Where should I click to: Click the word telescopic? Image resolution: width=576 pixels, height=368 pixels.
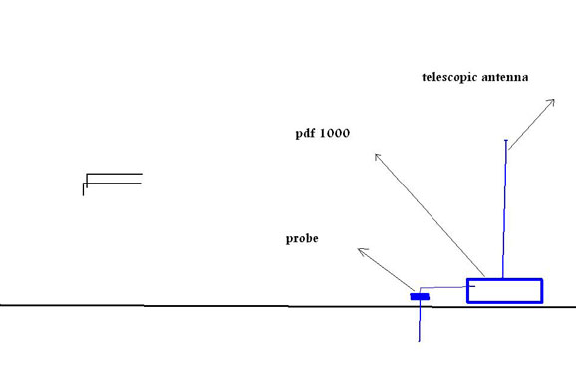point(449,77)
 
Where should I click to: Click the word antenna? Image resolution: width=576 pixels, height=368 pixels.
point(505,77)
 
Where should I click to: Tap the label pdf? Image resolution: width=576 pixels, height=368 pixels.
point(305,133)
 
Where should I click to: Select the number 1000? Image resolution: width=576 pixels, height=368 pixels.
point(335,133)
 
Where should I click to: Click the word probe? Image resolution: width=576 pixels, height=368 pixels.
point(302,239)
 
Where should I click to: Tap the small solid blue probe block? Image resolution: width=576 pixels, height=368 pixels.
point(420,296)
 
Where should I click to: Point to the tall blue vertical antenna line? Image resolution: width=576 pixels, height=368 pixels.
point(504,208)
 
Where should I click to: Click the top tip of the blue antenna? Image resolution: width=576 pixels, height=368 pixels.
point(506,140)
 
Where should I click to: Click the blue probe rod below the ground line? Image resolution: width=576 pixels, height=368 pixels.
point(420,323)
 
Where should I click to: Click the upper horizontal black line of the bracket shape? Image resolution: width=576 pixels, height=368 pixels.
point(114,174)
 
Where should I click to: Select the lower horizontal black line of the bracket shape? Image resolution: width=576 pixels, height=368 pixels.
point(112,184)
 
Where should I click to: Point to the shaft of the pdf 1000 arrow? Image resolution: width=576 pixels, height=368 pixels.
point(430,215)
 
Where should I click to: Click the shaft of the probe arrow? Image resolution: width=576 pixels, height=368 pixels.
point(386,270)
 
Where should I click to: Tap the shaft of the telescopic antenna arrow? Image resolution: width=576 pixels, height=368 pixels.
point(531,125)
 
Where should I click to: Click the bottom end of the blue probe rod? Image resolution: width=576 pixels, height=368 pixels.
point(420,342)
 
